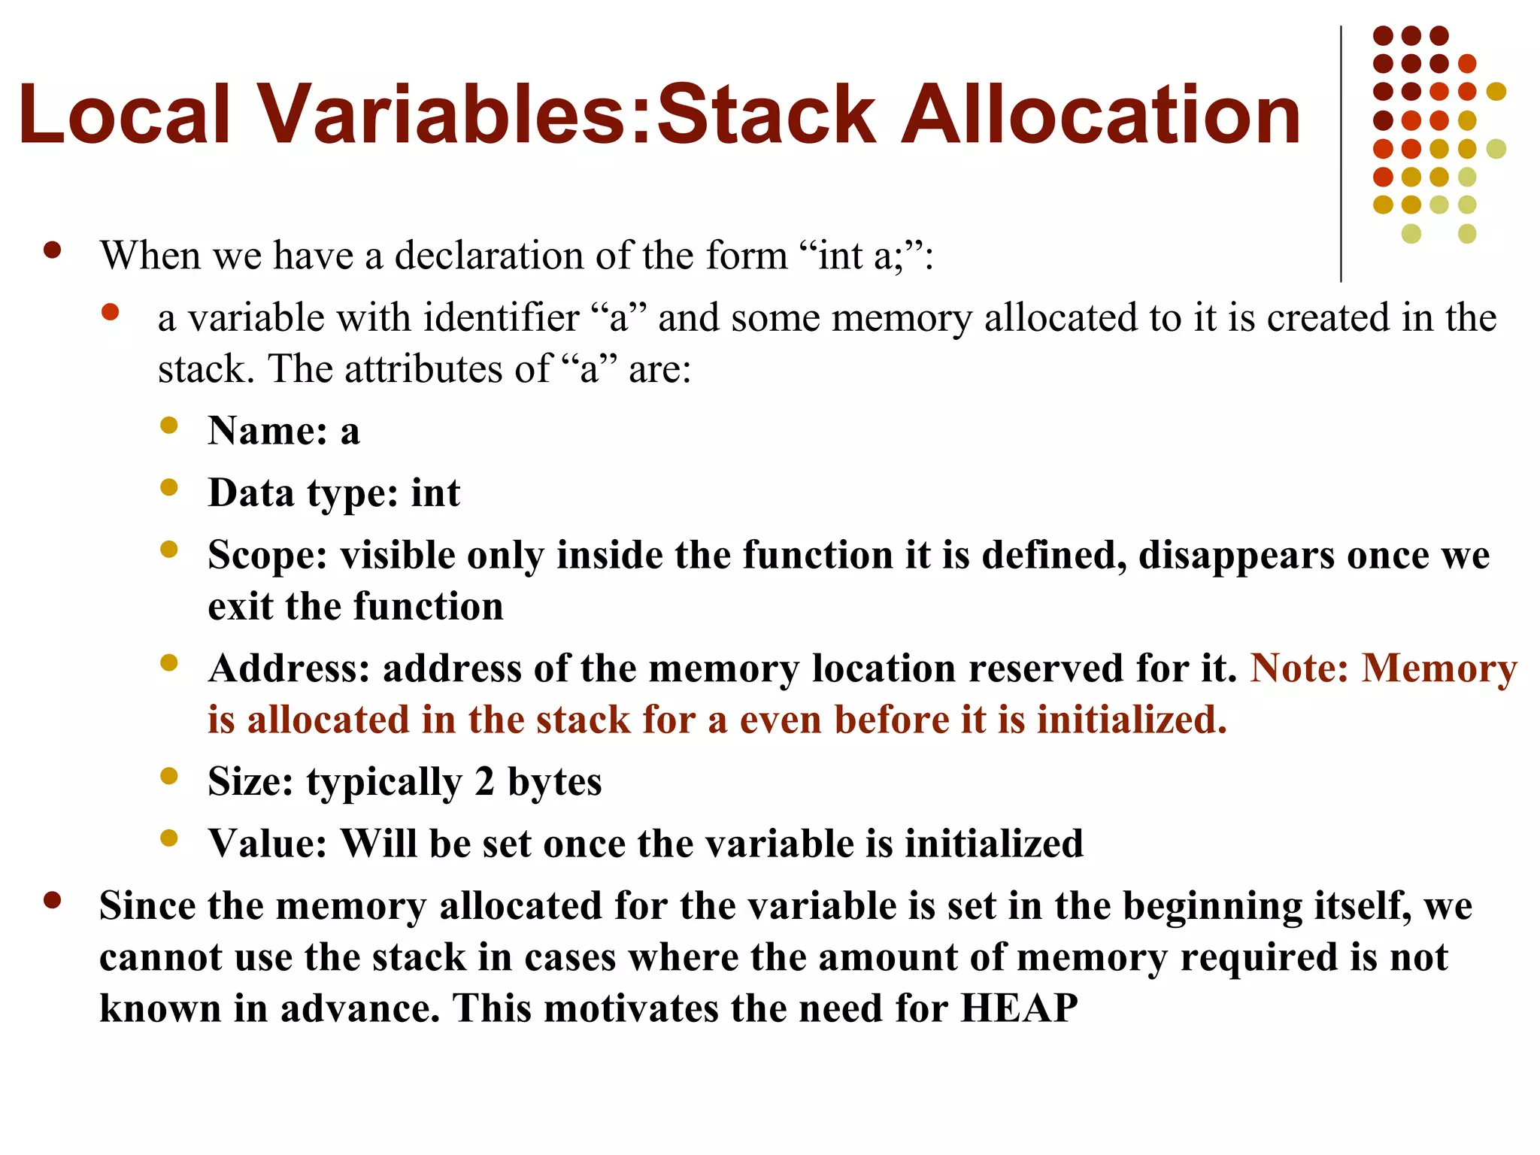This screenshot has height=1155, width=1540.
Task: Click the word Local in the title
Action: click(x=124, y=114)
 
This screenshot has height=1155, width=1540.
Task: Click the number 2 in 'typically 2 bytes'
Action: click(x=484, y=781)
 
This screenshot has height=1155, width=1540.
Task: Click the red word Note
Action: click(x=1299, y=668)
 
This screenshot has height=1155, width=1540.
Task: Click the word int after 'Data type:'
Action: click(x=435, y=493)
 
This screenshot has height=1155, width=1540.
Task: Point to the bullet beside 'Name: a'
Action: click(x=169, y=426)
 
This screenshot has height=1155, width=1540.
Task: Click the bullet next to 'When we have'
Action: click(x=52, y=250)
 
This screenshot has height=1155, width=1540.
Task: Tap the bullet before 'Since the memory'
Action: click(x=52, y=900)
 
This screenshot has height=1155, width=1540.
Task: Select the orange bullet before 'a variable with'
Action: click(x=111, y=312)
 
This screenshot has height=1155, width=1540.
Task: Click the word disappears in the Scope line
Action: click(x=1236, y=556)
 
